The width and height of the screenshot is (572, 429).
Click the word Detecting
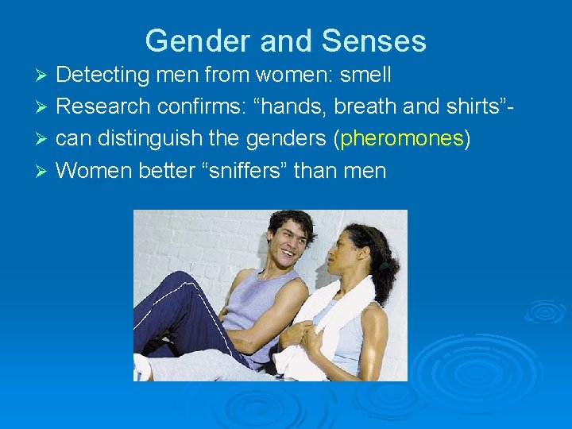(x=104, y=75)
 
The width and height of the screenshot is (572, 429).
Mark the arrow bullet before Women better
(x=44, y=171)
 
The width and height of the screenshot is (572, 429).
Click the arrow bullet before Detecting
(x=44, y=76)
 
